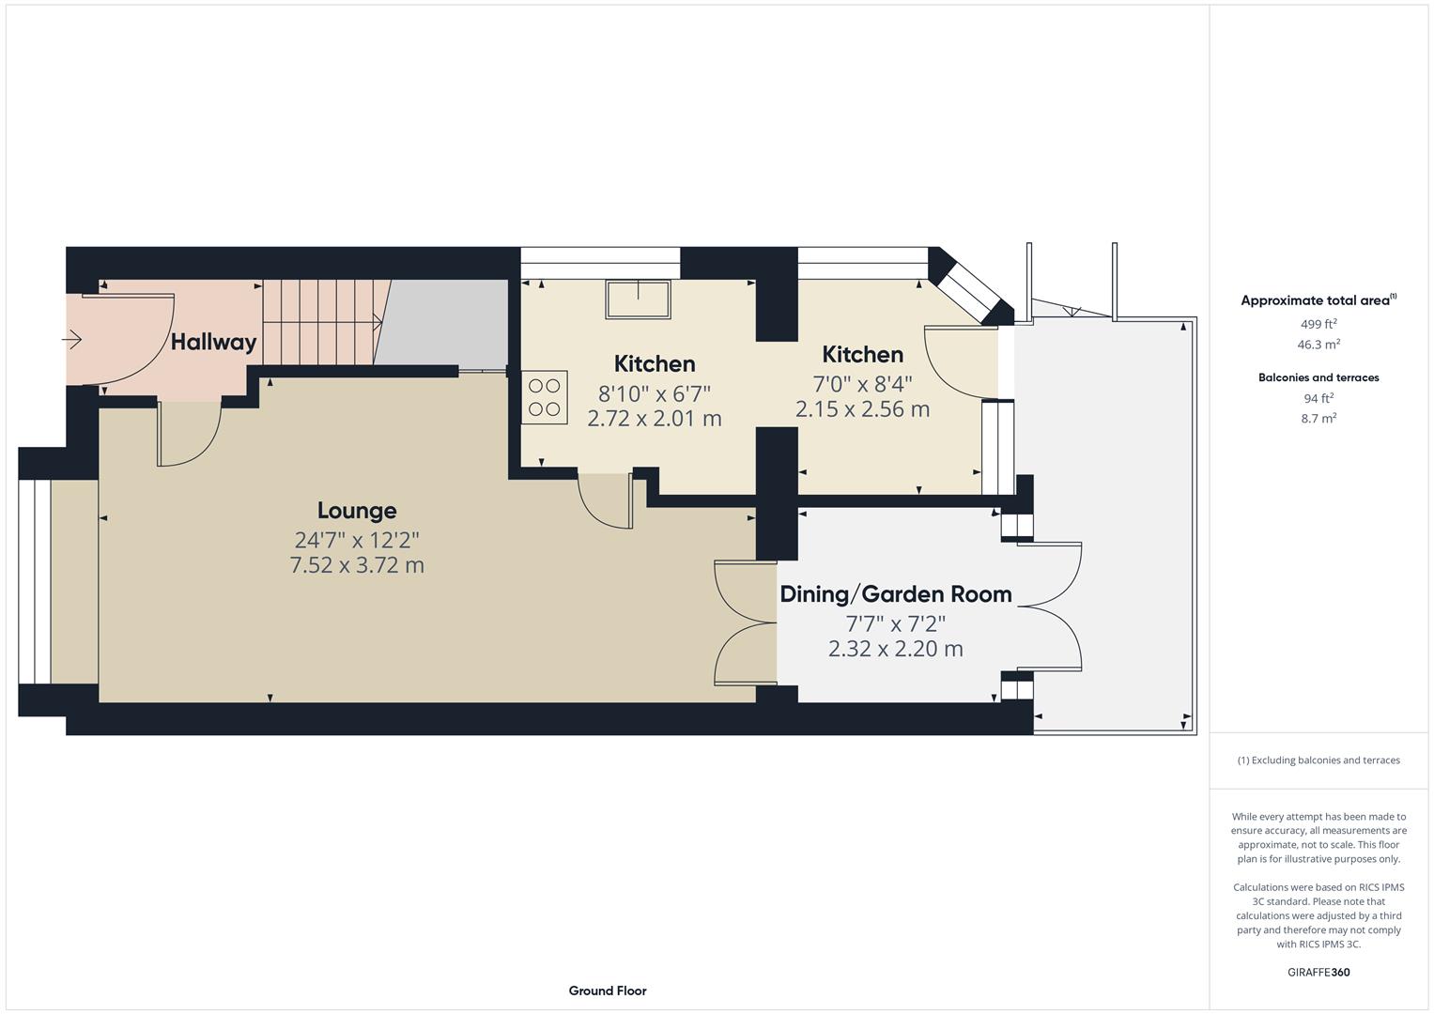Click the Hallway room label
click(x=213, y=342)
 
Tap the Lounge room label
click(x=357, y=511)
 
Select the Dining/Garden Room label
click(x=895, y=594)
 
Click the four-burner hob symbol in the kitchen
click(x=544, y=397)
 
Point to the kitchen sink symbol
click(x=638, y=299)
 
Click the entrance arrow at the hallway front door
click(x=72, y=339)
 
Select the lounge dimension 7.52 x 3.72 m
click(x=357, y=565)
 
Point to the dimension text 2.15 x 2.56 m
click(x=862, y=409)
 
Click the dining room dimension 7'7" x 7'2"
click(x=895, y=623)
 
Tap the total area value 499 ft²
click(x=1318, y=324)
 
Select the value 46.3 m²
click(x=1318, y=345)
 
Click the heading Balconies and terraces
click(x=1318, y=377)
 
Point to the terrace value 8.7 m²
click(x=1318, y=419)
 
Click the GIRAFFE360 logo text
click(x=1318, y=972)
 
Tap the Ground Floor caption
click(x=607, y=991)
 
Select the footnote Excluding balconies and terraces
click(x=1318, y=760)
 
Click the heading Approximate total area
click(x=1318, y=301)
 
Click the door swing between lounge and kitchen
click(x=606, y=502)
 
